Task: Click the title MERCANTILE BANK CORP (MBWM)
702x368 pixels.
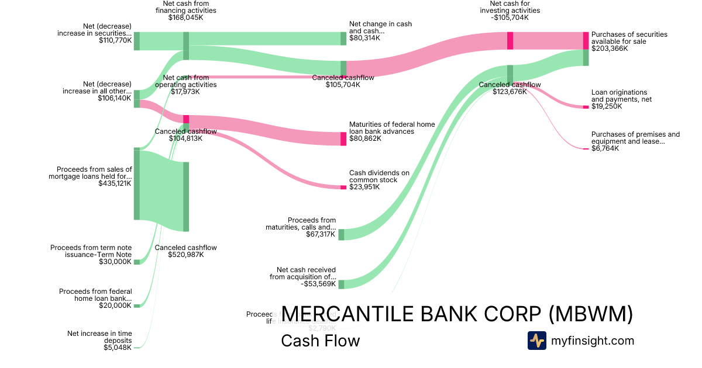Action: (457, 314)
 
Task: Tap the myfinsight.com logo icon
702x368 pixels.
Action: (536, 341)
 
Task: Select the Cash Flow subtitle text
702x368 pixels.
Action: (320, 341)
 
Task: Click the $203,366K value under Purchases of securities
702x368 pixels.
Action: (610, 48)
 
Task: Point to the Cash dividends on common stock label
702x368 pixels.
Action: (379, 176)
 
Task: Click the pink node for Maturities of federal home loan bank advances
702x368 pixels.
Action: (343, 139)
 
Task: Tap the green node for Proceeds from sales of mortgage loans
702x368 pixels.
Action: (137, 185)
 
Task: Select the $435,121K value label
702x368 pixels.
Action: (115, 183)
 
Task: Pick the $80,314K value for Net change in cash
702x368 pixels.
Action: (364, 38)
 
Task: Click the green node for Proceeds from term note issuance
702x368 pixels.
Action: (137, 262)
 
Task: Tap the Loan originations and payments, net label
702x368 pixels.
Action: (620, 96)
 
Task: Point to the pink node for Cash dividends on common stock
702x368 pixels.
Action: (343, 188)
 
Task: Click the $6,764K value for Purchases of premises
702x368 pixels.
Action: (605, 148)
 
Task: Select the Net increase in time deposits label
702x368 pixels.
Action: (99, 337)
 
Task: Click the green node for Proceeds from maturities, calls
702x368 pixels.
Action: (341, 234)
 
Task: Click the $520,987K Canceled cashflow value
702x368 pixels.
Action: (185, 255)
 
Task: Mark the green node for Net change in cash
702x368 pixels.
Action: (343, 39)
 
